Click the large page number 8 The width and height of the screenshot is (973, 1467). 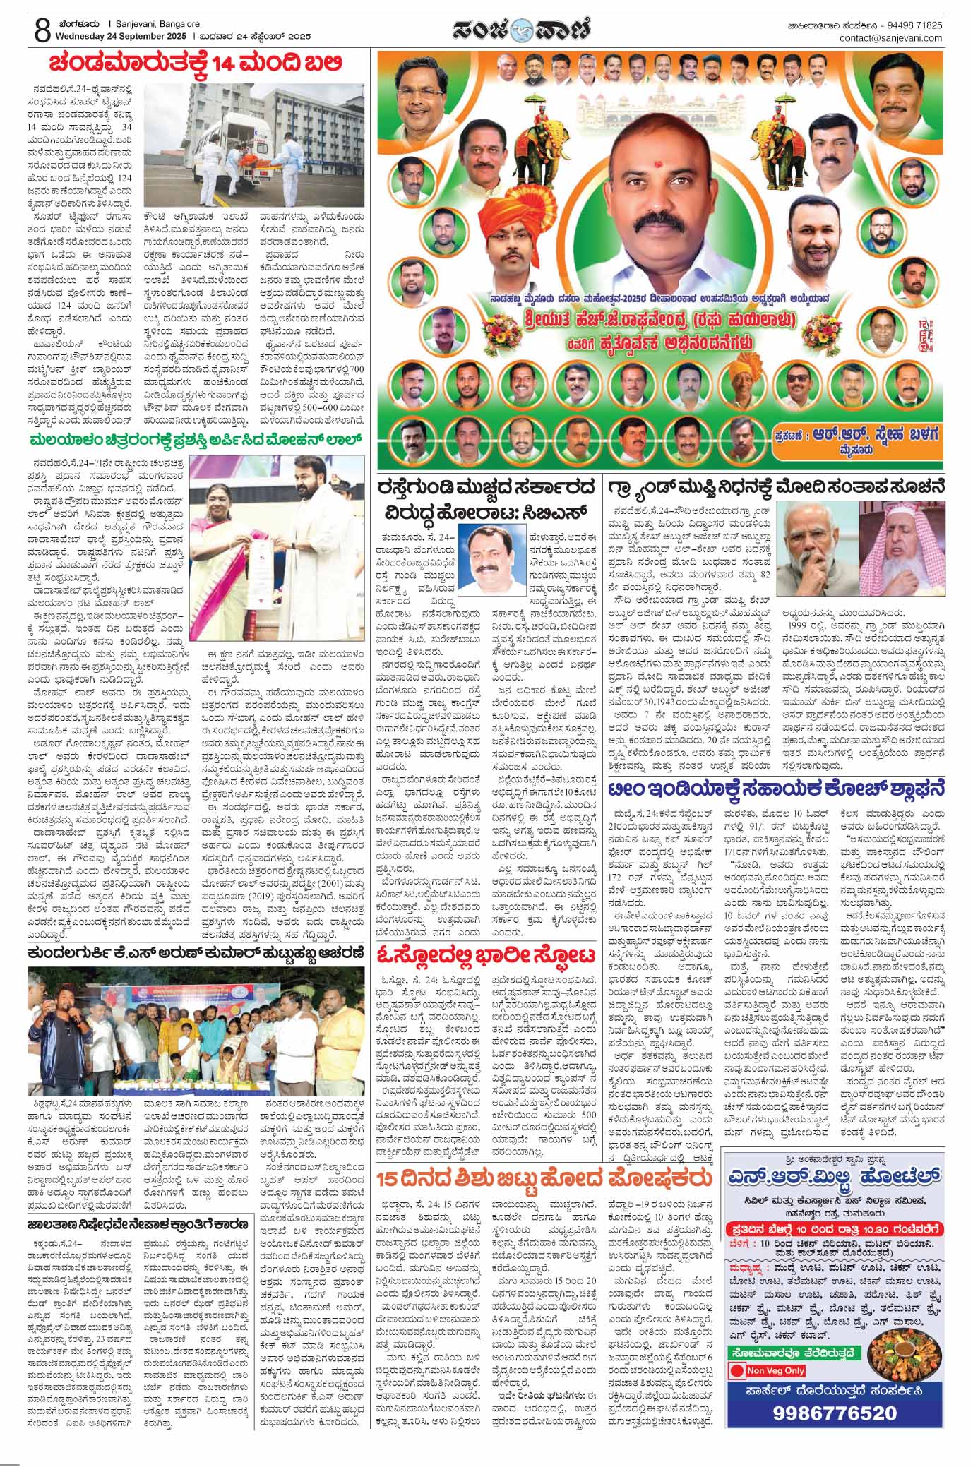point(22,30)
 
